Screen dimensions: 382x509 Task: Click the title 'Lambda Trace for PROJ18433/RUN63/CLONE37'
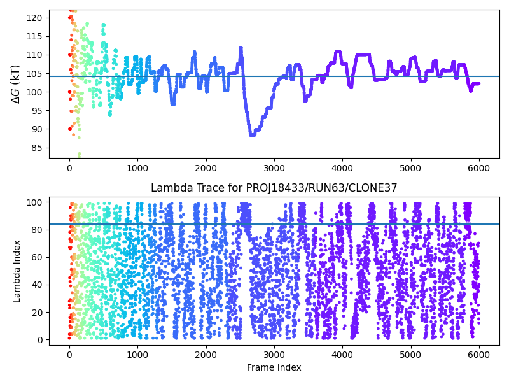pos(274,188)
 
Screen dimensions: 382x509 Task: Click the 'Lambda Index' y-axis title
pos(18,271)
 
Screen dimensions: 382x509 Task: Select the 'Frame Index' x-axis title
pos(274,367)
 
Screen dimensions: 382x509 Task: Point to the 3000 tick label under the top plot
pos(274,168)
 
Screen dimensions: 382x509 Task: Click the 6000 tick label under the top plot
pos(478,168)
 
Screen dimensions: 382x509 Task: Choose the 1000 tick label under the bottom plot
pos(137,354)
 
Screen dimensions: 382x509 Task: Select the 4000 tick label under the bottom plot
pos(342,354)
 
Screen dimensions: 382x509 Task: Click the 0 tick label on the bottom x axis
pos(69,354)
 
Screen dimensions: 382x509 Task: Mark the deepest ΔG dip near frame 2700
pos(252,134)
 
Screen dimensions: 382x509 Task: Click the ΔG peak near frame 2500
pos(241,48)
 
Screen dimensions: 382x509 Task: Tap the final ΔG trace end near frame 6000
pos(478,83)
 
